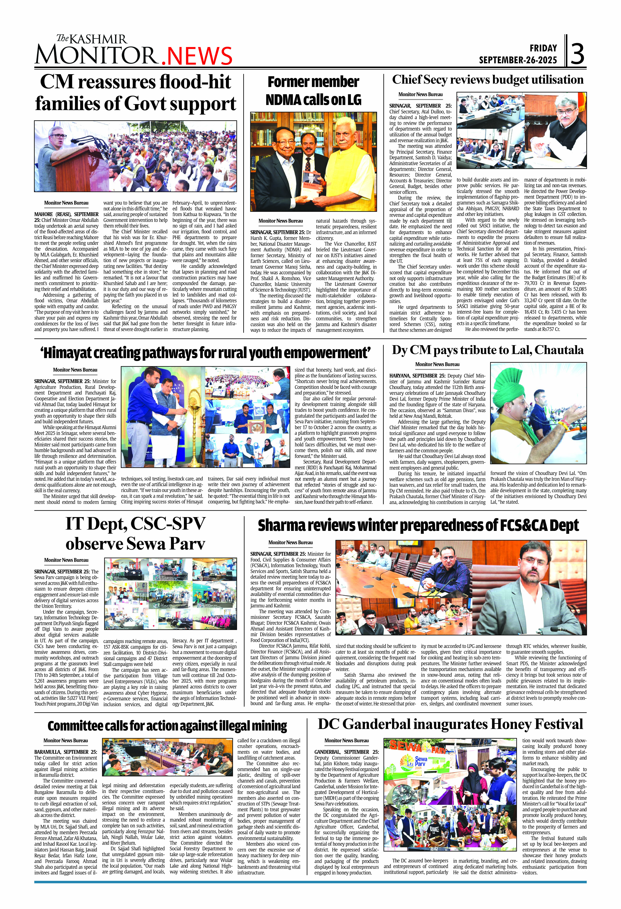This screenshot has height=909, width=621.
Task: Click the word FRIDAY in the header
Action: click(543, 48)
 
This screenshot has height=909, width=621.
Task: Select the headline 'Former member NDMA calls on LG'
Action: click(313, 91)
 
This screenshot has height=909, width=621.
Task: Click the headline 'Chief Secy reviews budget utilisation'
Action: click(488, 80)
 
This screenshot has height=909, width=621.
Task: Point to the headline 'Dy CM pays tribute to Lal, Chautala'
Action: click(488, 350)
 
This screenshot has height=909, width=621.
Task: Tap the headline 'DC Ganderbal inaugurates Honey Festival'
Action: click(450, 724)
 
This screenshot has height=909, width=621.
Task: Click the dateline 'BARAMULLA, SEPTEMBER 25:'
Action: click(65, 752)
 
